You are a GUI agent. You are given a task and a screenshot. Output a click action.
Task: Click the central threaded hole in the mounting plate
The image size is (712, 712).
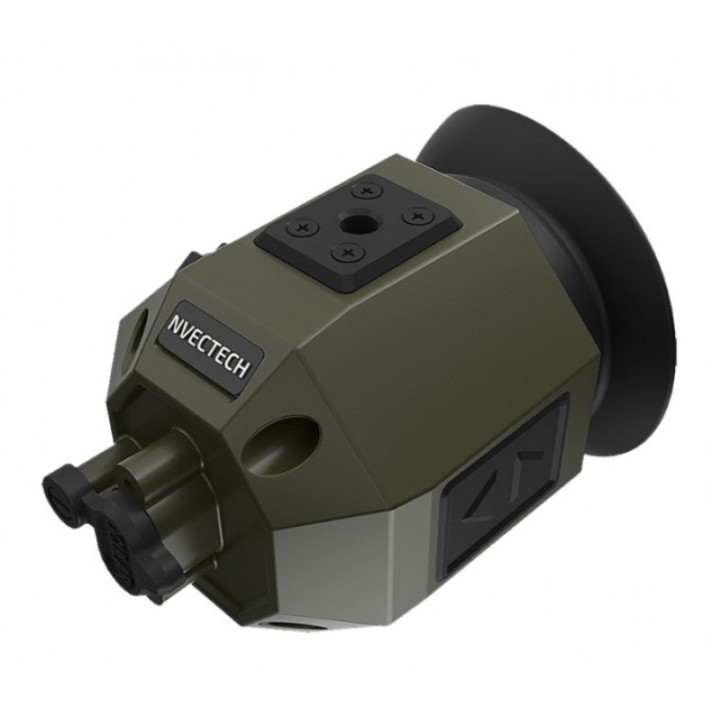356,222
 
